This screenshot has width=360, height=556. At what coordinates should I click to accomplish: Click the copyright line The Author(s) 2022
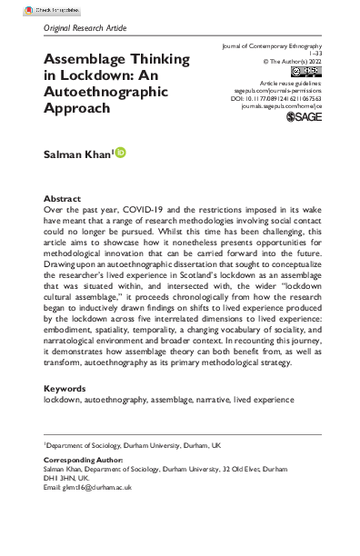[283, 62]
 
